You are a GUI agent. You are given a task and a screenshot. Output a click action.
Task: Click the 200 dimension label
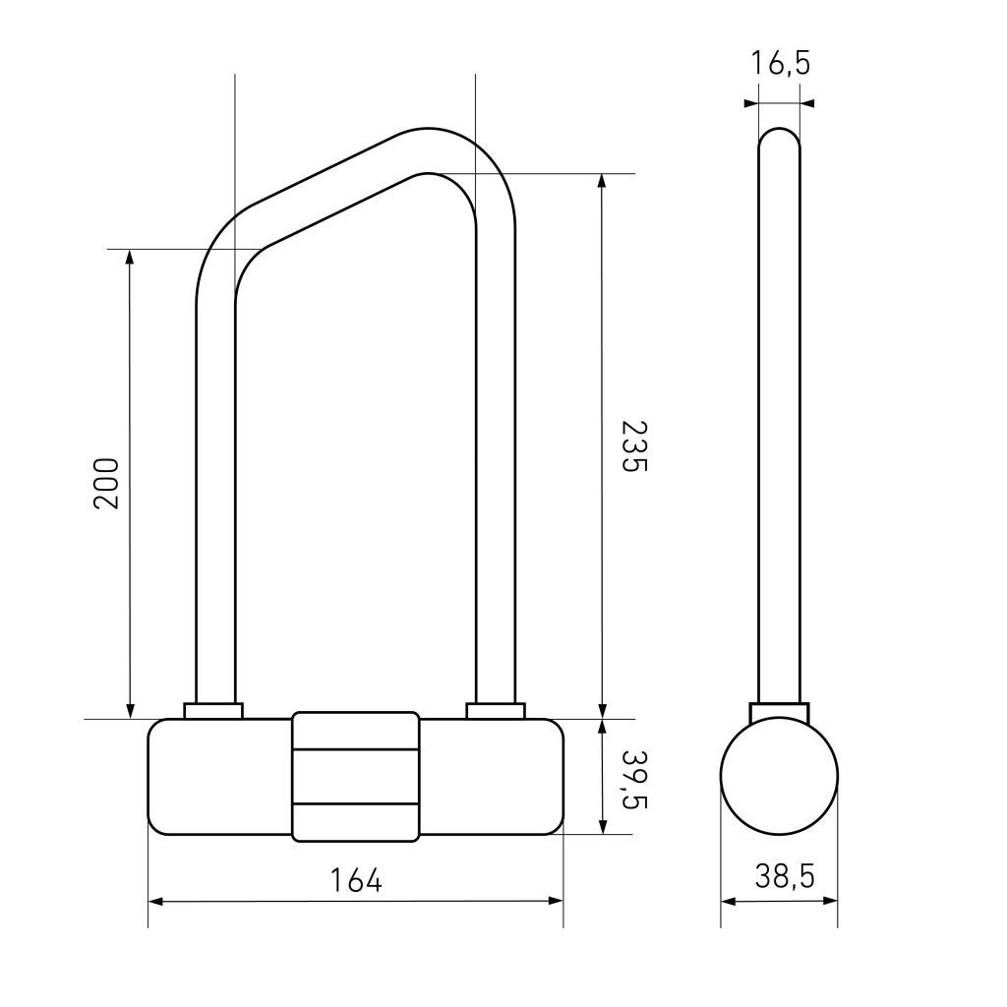106,484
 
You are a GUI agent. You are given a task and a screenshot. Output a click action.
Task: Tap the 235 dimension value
634,446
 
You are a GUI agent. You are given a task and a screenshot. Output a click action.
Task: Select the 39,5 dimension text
634,779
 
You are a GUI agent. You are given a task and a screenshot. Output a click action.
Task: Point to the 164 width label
355,880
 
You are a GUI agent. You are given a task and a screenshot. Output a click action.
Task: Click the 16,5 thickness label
780,63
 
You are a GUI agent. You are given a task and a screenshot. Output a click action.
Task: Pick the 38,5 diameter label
784,876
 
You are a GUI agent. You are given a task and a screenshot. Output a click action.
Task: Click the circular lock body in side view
779,776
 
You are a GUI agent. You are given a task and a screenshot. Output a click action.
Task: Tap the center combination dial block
356,777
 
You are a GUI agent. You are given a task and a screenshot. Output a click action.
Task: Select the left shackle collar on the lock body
213,711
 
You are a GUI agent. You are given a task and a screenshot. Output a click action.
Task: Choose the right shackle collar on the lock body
496,711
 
